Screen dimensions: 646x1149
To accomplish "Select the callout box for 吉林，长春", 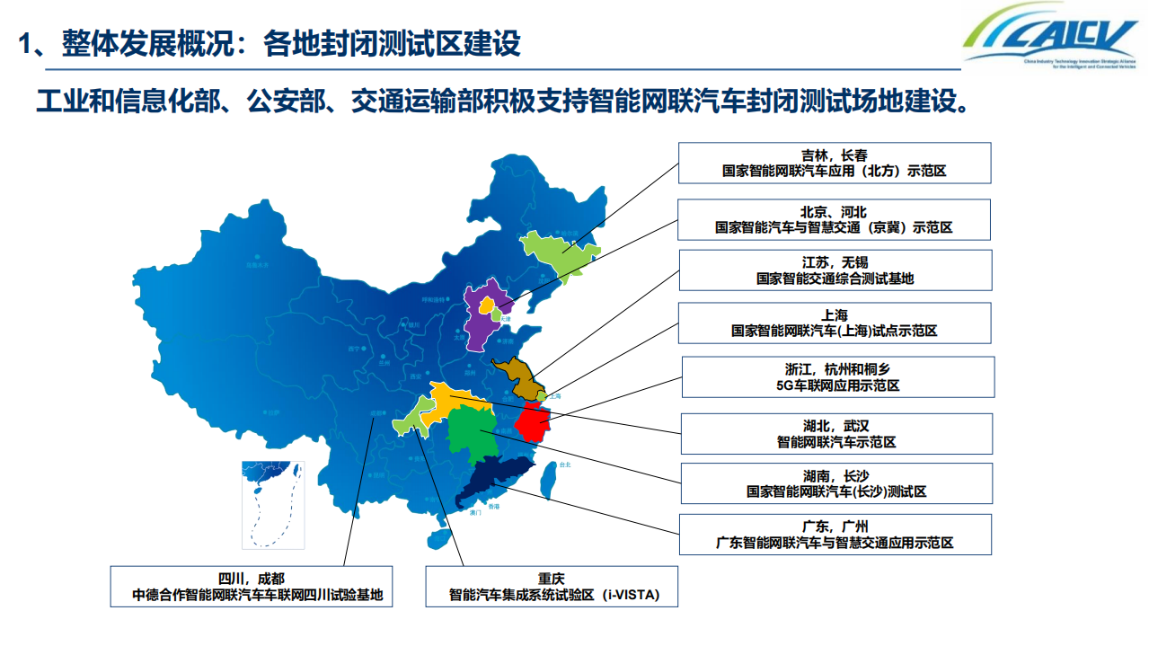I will (x=835, y=163).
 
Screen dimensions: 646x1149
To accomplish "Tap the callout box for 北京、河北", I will (x=834, y=219).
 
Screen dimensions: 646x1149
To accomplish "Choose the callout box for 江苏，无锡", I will (x=835, y=270).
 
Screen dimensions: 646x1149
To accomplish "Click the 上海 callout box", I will (x=835, y=323).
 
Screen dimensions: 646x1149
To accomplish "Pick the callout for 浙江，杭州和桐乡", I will (x=838, y=377).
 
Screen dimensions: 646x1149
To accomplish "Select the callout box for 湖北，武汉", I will (x=836, y=433).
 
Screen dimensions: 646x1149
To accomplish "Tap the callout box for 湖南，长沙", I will (x=836, y=483).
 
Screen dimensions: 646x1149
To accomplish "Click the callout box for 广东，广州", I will (x=835, y=535).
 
